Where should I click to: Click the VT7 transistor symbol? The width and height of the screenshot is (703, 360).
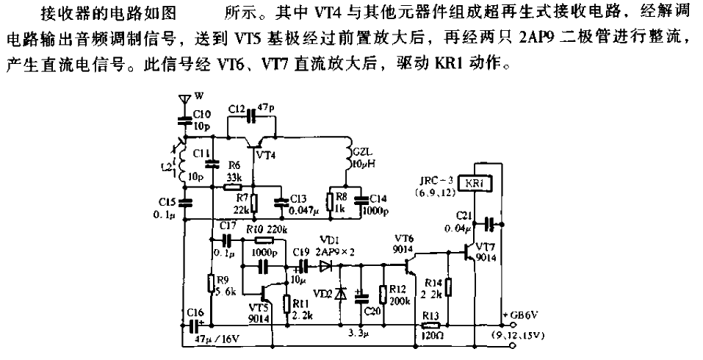[x=472, y=250]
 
